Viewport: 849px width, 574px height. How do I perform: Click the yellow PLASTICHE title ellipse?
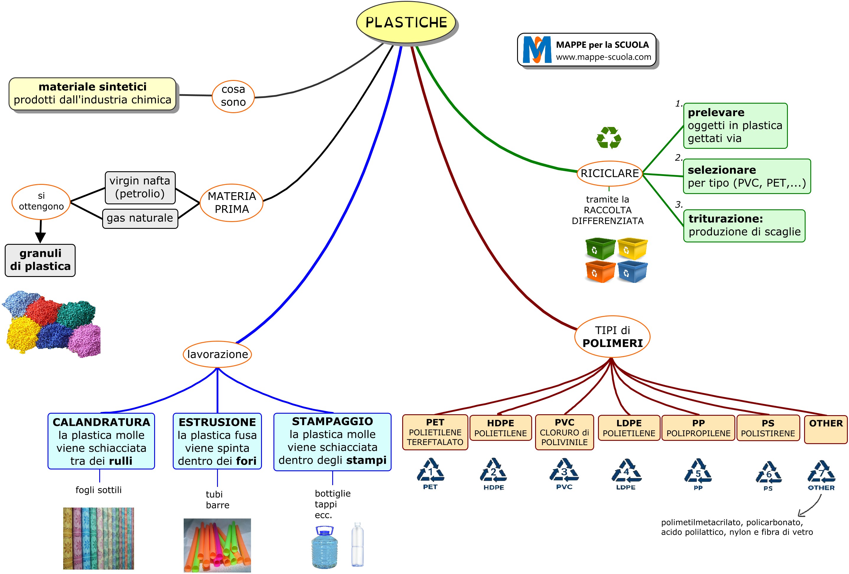[x=406, y=22]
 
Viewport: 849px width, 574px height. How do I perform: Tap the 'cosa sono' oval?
[x=233, y=96]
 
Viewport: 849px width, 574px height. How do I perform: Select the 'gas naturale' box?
[x=140, y=218]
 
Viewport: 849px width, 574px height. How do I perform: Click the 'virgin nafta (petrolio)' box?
[x=140, y=187]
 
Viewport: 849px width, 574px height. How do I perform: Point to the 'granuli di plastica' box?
[x=40, y=260]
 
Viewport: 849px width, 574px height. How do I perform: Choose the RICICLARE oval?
[x=609, y=174]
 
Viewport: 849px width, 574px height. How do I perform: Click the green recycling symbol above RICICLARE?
[x=609, y=138]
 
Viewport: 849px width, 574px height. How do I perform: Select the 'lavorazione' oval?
[x=217, y=354]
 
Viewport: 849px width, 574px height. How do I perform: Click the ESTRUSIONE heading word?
[x=217, y=422]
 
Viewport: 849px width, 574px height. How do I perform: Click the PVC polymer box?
[x=564, y=432]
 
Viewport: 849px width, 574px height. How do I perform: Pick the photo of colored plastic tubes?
[x=217, y=545]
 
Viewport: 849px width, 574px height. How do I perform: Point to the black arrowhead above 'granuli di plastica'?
[x=40, y=237]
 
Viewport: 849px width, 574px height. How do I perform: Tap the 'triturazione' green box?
[x=744, y=225]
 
